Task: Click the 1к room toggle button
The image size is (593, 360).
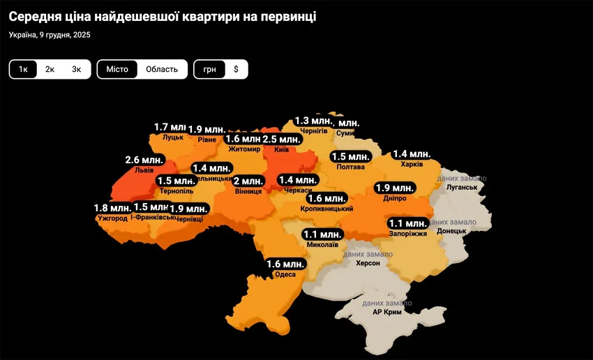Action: coord(23,69)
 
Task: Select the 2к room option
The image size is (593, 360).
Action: coord(50,69)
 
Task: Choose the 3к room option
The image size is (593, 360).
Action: coord(76,69)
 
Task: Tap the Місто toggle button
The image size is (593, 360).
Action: coord(117,69)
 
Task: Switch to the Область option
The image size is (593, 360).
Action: coord(161,69)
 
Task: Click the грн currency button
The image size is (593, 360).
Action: coord(210,69)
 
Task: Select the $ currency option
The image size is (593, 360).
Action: coord(236,69)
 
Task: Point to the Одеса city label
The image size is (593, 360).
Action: coord(286,274)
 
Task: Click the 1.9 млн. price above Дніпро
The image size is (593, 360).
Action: coord(394,188)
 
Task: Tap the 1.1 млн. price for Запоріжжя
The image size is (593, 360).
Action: coord(407,223)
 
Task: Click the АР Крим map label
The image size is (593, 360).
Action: coord(386,313)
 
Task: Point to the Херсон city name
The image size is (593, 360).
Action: coord(368,264)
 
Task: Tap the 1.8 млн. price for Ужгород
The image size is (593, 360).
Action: coord(112,208)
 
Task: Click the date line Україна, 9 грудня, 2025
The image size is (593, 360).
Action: coord(50,35)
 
